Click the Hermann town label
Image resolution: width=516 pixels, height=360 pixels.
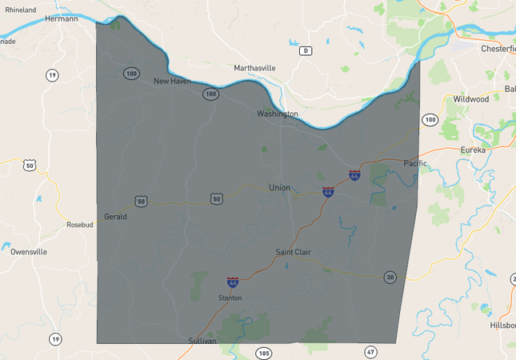62,18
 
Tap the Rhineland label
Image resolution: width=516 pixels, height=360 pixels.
21,10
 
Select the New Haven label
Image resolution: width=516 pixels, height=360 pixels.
172,81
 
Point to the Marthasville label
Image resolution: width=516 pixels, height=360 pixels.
254,68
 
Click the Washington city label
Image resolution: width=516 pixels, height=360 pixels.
277,114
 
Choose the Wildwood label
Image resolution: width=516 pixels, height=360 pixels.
471,99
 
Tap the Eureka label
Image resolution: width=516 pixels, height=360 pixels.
473,150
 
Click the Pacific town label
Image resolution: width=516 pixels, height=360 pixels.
415,164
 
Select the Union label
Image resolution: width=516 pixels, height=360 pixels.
279,188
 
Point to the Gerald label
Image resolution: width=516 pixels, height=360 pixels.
115,217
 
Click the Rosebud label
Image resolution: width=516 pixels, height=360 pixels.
80,225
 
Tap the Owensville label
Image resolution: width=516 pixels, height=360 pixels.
29,251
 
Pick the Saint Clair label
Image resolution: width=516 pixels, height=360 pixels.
293,252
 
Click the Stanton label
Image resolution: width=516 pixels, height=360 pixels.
230,298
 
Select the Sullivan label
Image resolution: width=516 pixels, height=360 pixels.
202,341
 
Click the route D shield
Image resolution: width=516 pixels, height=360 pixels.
305,51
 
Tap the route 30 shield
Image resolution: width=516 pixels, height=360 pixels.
390,277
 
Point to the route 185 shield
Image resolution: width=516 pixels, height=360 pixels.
263,352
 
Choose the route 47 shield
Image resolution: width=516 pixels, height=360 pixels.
370,352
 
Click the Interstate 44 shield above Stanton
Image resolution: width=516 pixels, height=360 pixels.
233,282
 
